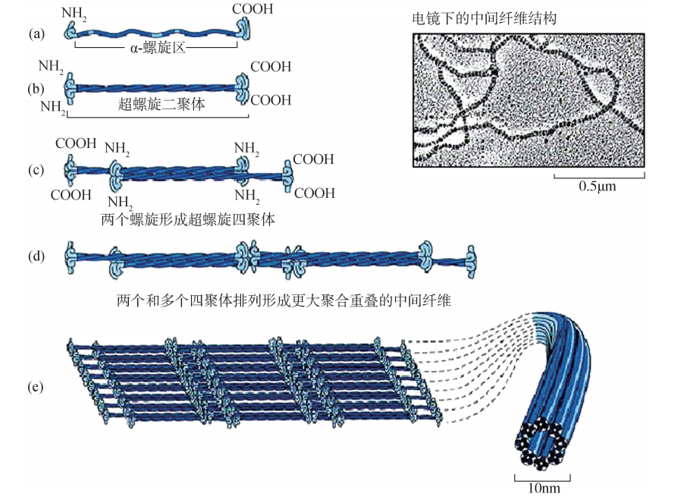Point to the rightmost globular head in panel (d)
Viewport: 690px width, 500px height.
[470, 259]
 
